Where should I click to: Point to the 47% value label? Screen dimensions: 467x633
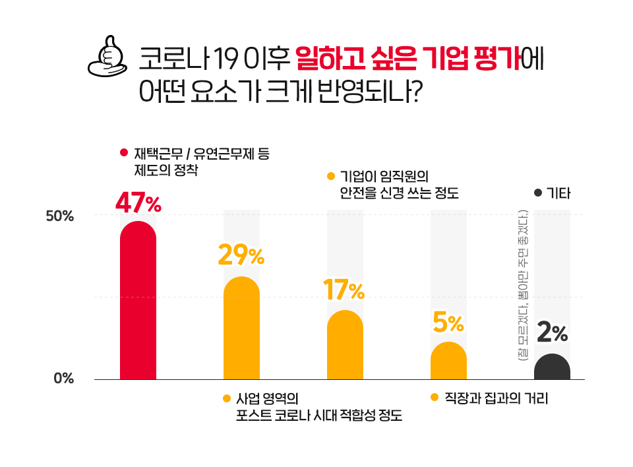click(x=138, y=203)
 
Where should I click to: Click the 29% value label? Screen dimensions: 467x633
click(x=241, y=255)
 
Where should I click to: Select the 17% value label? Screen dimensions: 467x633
click(x=344, y=290)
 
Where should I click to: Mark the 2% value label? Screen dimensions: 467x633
click(x=553, y=334)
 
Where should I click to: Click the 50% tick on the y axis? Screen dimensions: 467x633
click(x=59, y=216)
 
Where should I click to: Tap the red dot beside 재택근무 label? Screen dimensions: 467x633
click(x=123, y=154)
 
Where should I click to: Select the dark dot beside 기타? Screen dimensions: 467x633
click(x=537, y=193)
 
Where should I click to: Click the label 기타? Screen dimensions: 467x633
click(x=558, y=194)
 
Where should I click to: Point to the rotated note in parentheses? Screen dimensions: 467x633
click(x=523, y=285)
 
